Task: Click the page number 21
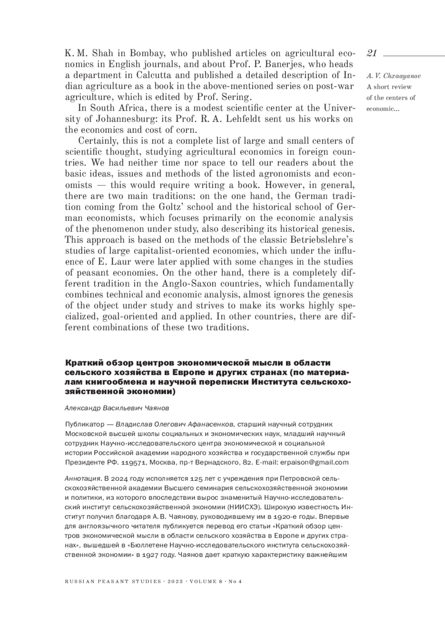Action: click(372, 53)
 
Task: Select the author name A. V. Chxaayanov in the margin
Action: click(393, 76)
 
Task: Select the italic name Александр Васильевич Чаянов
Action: click(117, 408)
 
